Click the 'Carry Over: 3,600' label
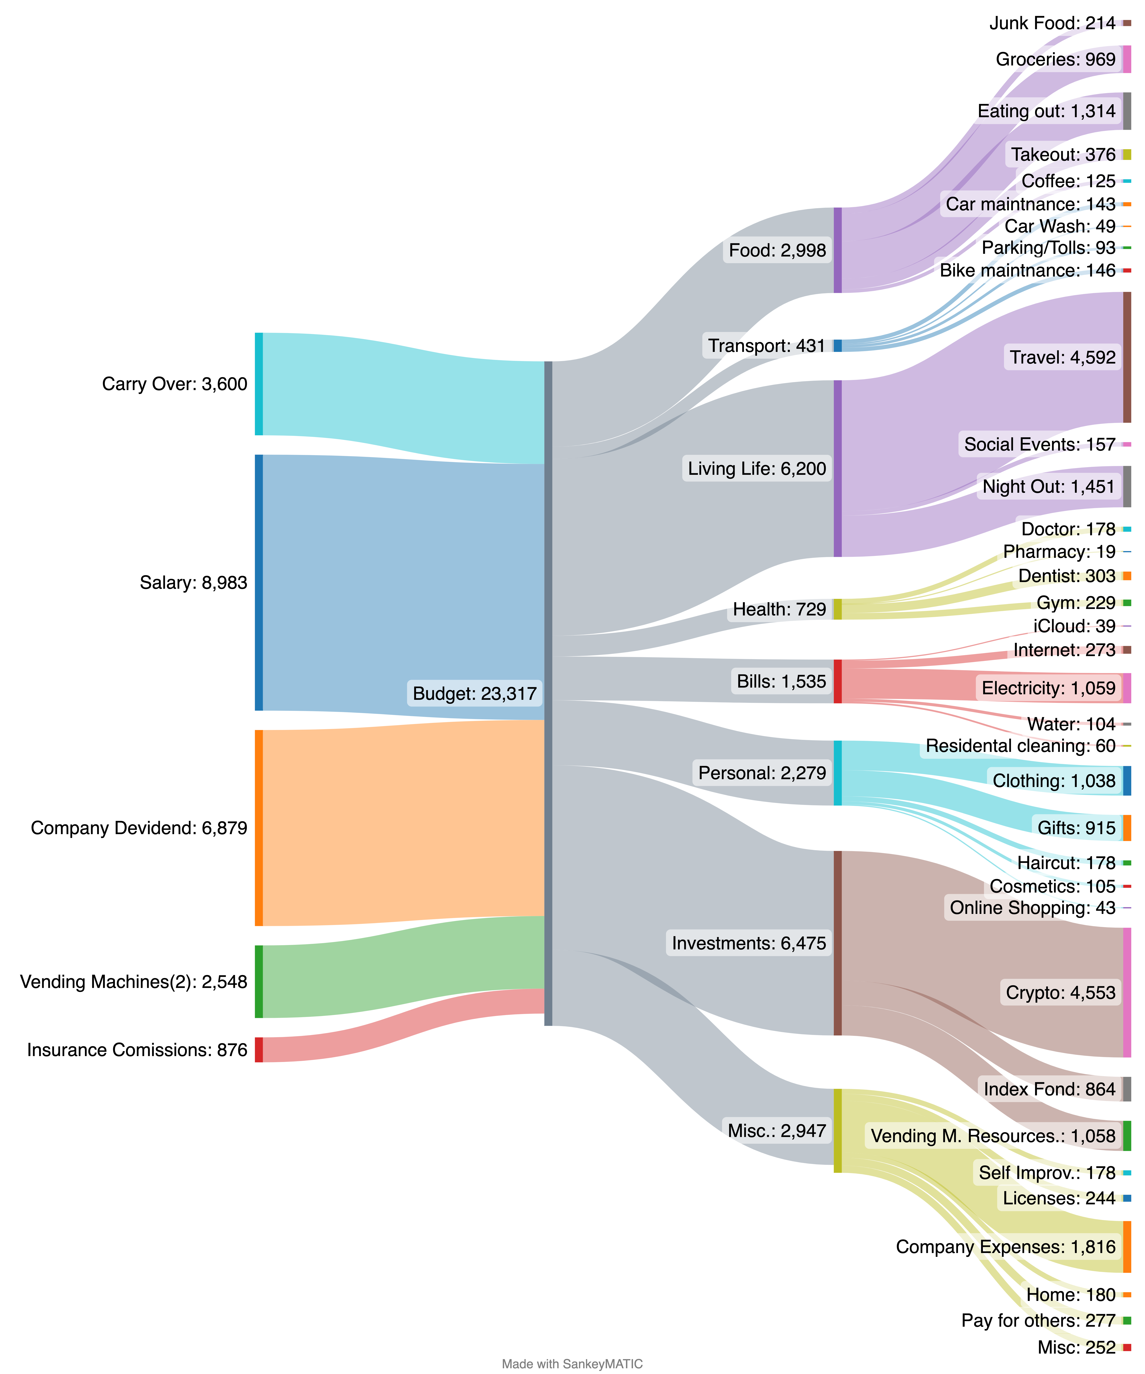click(x=175, y=384)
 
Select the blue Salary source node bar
click(x=258, y=582)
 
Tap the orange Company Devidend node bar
click(x=258, y=828)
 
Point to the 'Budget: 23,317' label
click(x=474, y=693)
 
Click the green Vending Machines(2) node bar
click(x=258, y=981)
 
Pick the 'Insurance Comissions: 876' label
click(x=137, y=1050)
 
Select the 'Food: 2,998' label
click(x=777, y=251)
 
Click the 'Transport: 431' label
click(x=767, y=345)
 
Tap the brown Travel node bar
click(x=1127, y=357)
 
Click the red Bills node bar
click(x=838, y=681)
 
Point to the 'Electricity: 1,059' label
click(x=1048, y=688)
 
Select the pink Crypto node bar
click(x=1127, y=993)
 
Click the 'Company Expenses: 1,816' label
click(x=1006, y=1246)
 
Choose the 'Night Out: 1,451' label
click(x=1048, y=487)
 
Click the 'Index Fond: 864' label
click(x=1049, y=1089)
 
